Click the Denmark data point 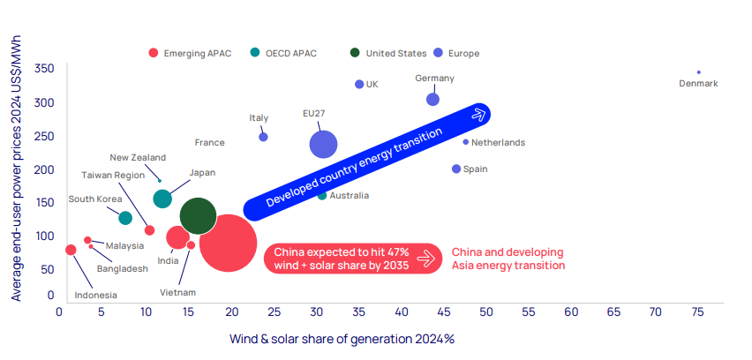(x=698, y=72)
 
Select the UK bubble (x=359, y=84)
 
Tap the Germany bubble (x=432, y=99)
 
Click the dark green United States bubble (x=198, y=215)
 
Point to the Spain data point (x=456, y=169)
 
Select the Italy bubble (x=263, y=137)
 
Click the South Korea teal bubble (x=125, y=218)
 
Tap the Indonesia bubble (x=71, y=250)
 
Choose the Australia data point (x=322, y=195)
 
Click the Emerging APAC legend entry (x=190, y=53)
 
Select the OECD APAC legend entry (x=290, y=53)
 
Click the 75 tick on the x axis (x=697, y=311)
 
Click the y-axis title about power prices (x=16, y=182)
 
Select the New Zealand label (x=138, y=157)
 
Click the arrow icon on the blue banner (x=479, y=113)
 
